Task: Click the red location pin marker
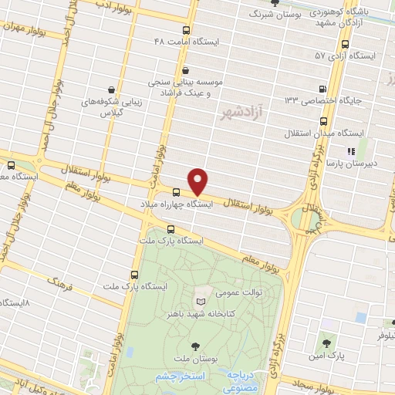coord(198,181)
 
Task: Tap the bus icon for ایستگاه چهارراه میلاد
coord(177,192)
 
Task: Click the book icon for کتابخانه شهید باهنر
coord(201,301)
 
